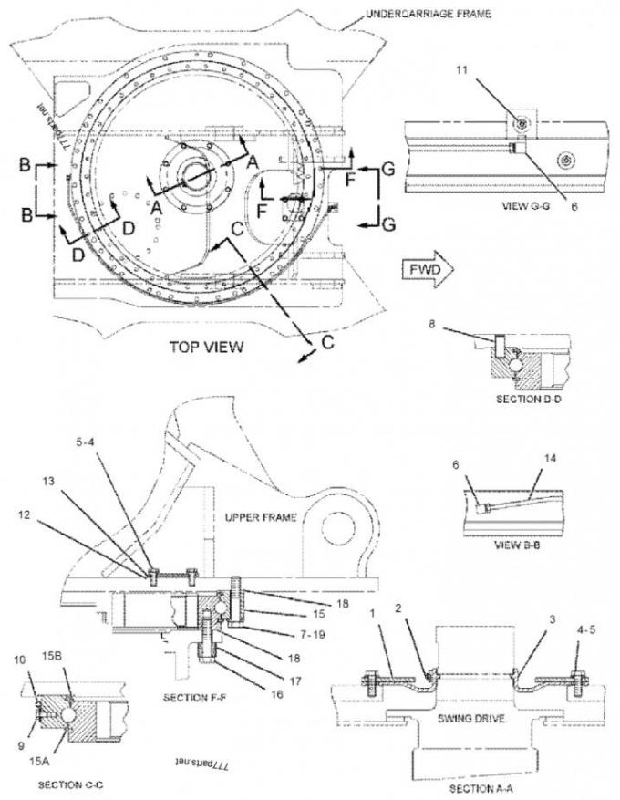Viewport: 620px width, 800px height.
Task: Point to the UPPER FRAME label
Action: coord(260,517)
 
